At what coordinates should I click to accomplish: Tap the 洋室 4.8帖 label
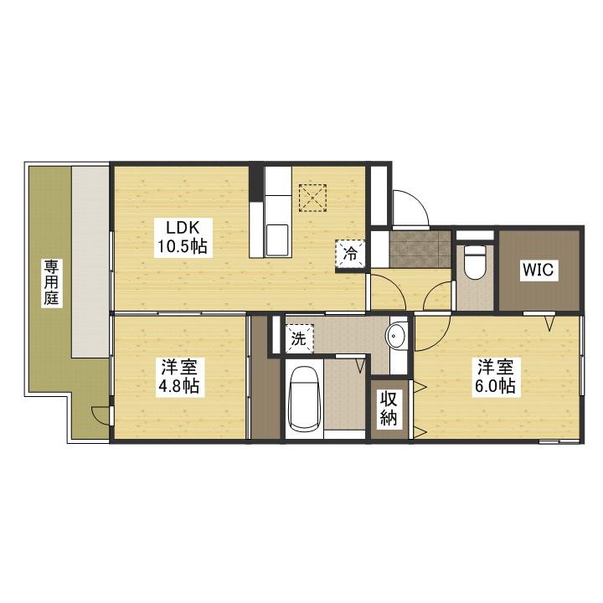pos(179,376)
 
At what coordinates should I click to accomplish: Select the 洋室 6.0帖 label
pos(495,376)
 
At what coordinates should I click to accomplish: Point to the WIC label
pos(538,270)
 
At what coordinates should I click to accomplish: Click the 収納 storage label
pos(389,408)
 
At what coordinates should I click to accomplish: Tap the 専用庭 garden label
pos(51,283)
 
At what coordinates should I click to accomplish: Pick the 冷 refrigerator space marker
pos(350,254)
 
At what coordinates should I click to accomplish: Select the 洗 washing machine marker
pos(299,338)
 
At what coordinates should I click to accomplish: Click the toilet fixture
pos(475,261)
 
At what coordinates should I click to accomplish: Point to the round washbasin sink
pos(395,336)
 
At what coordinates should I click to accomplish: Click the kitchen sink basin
pos(276,240)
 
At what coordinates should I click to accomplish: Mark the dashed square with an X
pos(312,198)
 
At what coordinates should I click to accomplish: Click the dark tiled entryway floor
pos(420,249)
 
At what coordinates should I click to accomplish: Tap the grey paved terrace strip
pos(90,261)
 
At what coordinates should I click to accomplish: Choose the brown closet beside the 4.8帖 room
pos(265,377)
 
